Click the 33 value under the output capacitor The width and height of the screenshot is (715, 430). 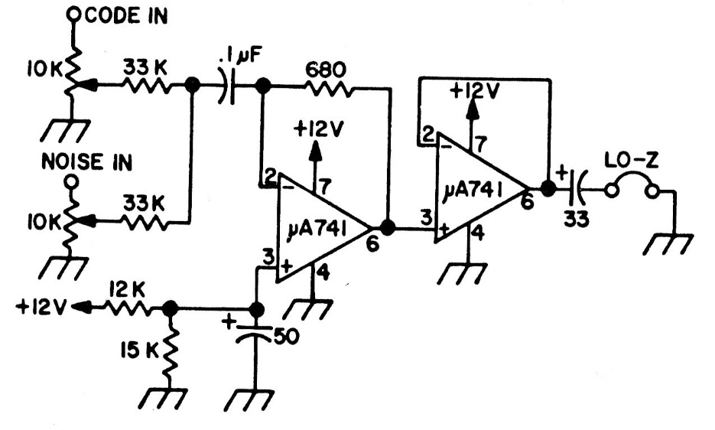tap(577, 219)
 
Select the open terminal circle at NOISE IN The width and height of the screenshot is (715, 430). tap(72, 182)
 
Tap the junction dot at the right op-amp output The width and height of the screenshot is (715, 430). tap(548, 187)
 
